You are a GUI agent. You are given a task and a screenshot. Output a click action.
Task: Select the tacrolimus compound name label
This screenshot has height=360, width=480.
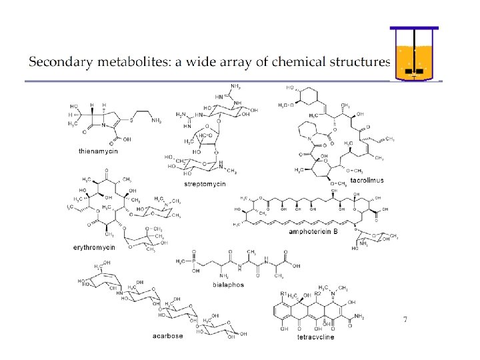point(367,181)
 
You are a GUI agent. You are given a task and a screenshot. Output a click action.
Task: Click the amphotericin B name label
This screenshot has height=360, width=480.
point(313,232)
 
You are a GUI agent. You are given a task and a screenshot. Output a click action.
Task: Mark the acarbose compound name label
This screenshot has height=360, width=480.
point(167,336)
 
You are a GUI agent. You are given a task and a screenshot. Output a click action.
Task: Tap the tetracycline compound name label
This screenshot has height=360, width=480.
point(316,337)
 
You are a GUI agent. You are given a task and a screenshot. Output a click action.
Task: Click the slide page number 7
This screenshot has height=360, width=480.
point(405,320)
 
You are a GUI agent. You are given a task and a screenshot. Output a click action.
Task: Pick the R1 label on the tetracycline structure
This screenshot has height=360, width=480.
point(283,293)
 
